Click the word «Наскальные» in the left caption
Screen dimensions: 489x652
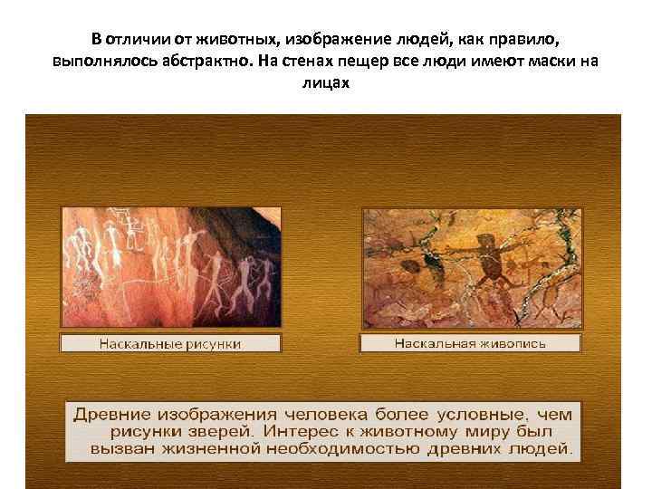137,344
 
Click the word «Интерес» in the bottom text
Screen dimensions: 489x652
309,431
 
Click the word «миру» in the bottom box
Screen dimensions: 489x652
496,431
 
